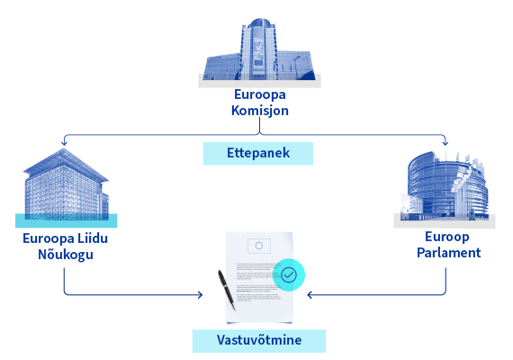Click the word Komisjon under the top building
pos(260,111)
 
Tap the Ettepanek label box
pos(258,153)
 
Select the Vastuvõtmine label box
pos(259,341)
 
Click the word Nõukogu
pos(66,255)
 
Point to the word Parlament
pos(449,253)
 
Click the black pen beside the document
pos(227,290)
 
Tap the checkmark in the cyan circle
pos(289,274)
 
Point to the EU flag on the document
pos(259,246)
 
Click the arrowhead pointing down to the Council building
pos(64,143)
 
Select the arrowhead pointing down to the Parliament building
pos(445,143)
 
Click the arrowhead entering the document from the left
pos(200,295)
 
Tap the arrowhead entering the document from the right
pos(310,295)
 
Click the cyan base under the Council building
pos(66,220)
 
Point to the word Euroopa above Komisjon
pos(260,94)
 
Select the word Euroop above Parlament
pos(447,237)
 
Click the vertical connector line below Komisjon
pos(259,125)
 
